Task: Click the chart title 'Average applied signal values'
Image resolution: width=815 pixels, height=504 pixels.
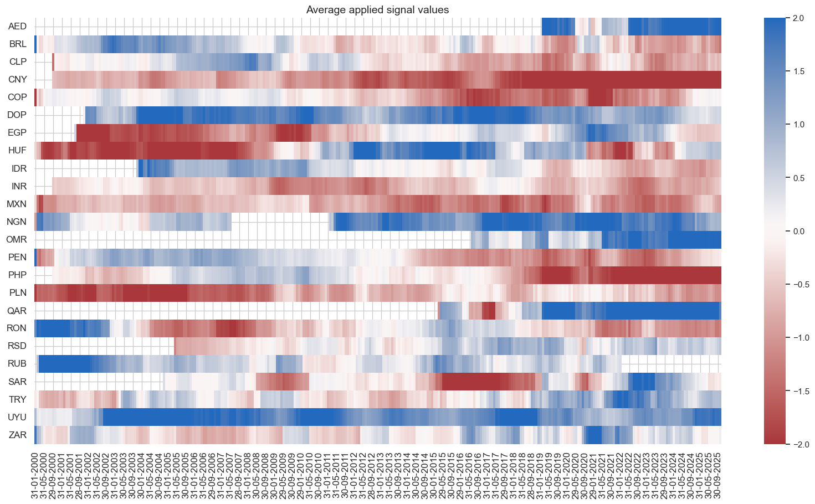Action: (x=377, y=10)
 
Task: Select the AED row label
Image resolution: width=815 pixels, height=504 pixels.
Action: (x=17, y=27)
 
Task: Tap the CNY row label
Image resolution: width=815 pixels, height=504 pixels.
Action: (x=17, y=80)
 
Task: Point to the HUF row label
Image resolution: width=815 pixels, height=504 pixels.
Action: (x=17, y=151)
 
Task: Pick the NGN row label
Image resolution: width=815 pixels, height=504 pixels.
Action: (x=17, y=222)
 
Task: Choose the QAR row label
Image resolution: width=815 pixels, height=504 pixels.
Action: (x=17, y=311)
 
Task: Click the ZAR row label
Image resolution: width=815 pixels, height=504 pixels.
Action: (x=17, y=435)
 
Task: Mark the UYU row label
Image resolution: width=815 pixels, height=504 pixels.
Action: (x=17, y=417)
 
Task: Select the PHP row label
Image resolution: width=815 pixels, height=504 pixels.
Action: (x=17, y=275)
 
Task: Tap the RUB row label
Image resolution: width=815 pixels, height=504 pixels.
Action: (x=17, y=364)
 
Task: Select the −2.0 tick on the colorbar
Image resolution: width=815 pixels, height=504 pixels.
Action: (x=800, y=444)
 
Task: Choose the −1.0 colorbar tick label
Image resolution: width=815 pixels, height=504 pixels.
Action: (x=800, y=338)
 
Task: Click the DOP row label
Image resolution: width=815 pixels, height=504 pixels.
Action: (x=17, y=115)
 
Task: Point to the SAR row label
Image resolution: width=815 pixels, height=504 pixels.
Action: (x=17, y=382)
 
